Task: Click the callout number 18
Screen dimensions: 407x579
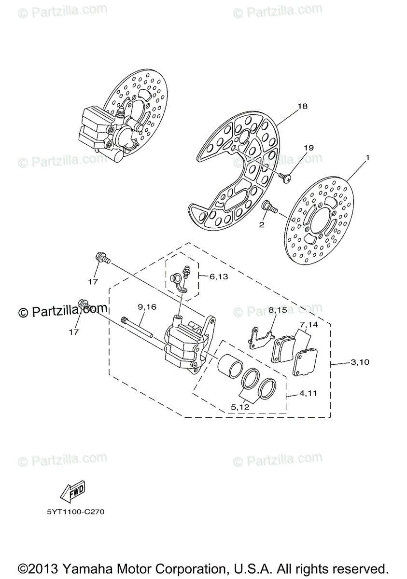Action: [303, 106]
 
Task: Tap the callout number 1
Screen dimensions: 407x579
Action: [367, 157]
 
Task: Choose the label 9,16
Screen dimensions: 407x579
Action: [147, 306]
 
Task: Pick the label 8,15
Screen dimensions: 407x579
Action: [278, 310]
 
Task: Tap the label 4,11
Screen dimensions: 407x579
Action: [309, 393]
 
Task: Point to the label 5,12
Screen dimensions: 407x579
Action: [240, 407]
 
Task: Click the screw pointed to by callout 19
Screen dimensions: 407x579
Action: [286, 179]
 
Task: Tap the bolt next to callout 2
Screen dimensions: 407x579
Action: [268, 207]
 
